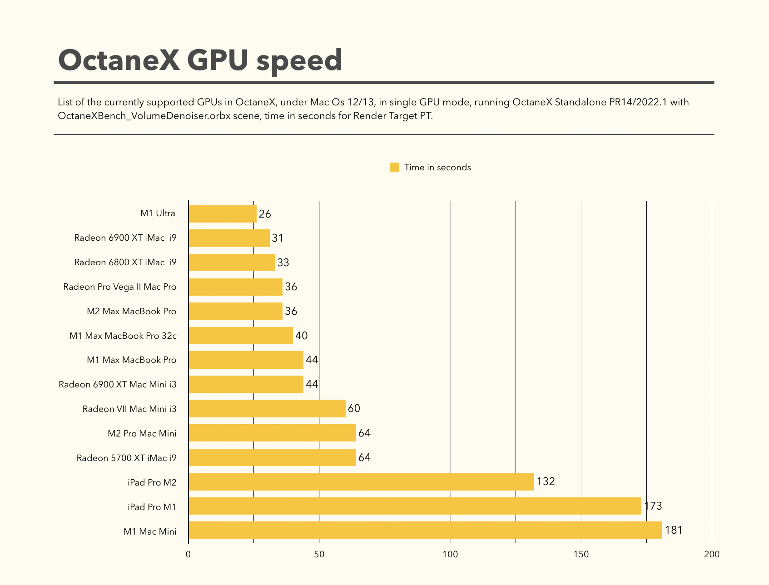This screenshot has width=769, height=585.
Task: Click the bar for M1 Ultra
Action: click(223, 213)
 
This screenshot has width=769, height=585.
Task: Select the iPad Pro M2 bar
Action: click(361, 482)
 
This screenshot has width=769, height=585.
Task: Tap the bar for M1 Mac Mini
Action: click(425, 530)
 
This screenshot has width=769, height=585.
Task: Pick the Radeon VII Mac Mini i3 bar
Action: click(267, 409)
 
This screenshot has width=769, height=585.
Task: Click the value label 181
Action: click(674, 530)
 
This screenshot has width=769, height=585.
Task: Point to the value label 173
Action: click(653, 506)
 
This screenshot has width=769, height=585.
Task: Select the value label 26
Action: click(265, 214)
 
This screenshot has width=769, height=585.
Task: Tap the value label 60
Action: click(354, 409)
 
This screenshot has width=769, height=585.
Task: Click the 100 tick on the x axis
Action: click(450, 555)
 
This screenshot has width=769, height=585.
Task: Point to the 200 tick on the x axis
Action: click(712, 555)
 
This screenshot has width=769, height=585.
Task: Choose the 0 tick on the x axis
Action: click(189, 555)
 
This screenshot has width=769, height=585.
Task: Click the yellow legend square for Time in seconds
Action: click(394, 167)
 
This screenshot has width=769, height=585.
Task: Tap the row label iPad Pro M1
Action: click(152, 507)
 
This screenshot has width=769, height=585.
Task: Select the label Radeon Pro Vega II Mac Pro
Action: click(120, 287)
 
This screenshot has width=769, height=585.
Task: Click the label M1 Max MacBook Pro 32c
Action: click(123, 336)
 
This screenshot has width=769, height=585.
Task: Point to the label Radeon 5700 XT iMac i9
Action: click(126, 458)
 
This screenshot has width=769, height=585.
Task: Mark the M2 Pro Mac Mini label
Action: click(142, 433)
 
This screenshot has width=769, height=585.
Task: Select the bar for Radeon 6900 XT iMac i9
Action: click(229, 238)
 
